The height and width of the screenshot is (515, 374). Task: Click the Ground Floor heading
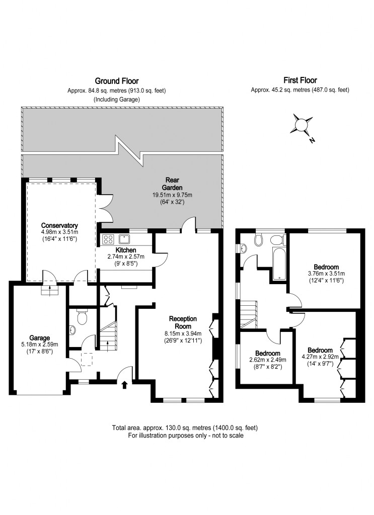coord(117,81)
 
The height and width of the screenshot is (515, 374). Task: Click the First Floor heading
coord(300,80)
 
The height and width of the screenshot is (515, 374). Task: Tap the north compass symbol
coord(303,125)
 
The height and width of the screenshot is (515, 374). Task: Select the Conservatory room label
coord(59,225)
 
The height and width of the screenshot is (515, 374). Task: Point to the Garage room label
coord(39,338)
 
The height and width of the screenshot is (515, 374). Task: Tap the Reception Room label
coord(183,322)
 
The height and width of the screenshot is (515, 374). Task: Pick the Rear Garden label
coord(173,184)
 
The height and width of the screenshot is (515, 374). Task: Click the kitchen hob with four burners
coord(109,239)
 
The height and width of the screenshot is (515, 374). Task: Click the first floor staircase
coord(249,314)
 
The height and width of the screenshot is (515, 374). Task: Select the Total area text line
coord(185,428)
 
